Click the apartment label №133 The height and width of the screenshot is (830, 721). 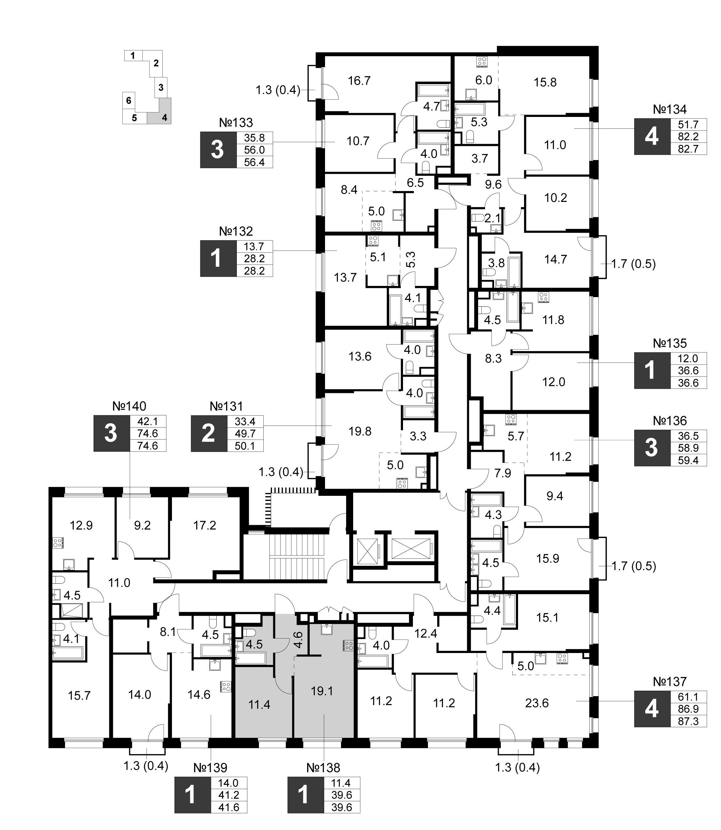(236, 123)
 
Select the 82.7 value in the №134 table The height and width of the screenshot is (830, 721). (688, 149)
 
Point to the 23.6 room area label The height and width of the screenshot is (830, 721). (537, 703)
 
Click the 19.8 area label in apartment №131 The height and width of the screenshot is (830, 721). (360, 432)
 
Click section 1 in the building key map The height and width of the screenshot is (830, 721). (133, 56)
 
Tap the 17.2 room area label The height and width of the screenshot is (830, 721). (205, 525)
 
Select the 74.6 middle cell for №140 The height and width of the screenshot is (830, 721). (148, 434)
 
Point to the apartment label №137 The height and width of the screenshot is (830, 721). (670, 682)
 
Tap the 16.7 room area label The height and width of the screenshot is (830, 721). (359, 81)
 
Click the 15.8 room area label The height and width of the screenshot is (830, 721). (545, 82)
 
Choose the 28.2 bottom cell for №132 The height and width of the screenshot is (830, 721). (254, 271)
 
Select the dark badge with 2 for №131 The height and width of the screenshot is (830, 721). (209, 434)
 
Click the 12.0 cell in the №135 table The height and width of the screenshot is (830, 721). (688, 359)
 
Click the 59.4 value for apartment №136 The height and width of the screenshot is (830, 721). (688, 460)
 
